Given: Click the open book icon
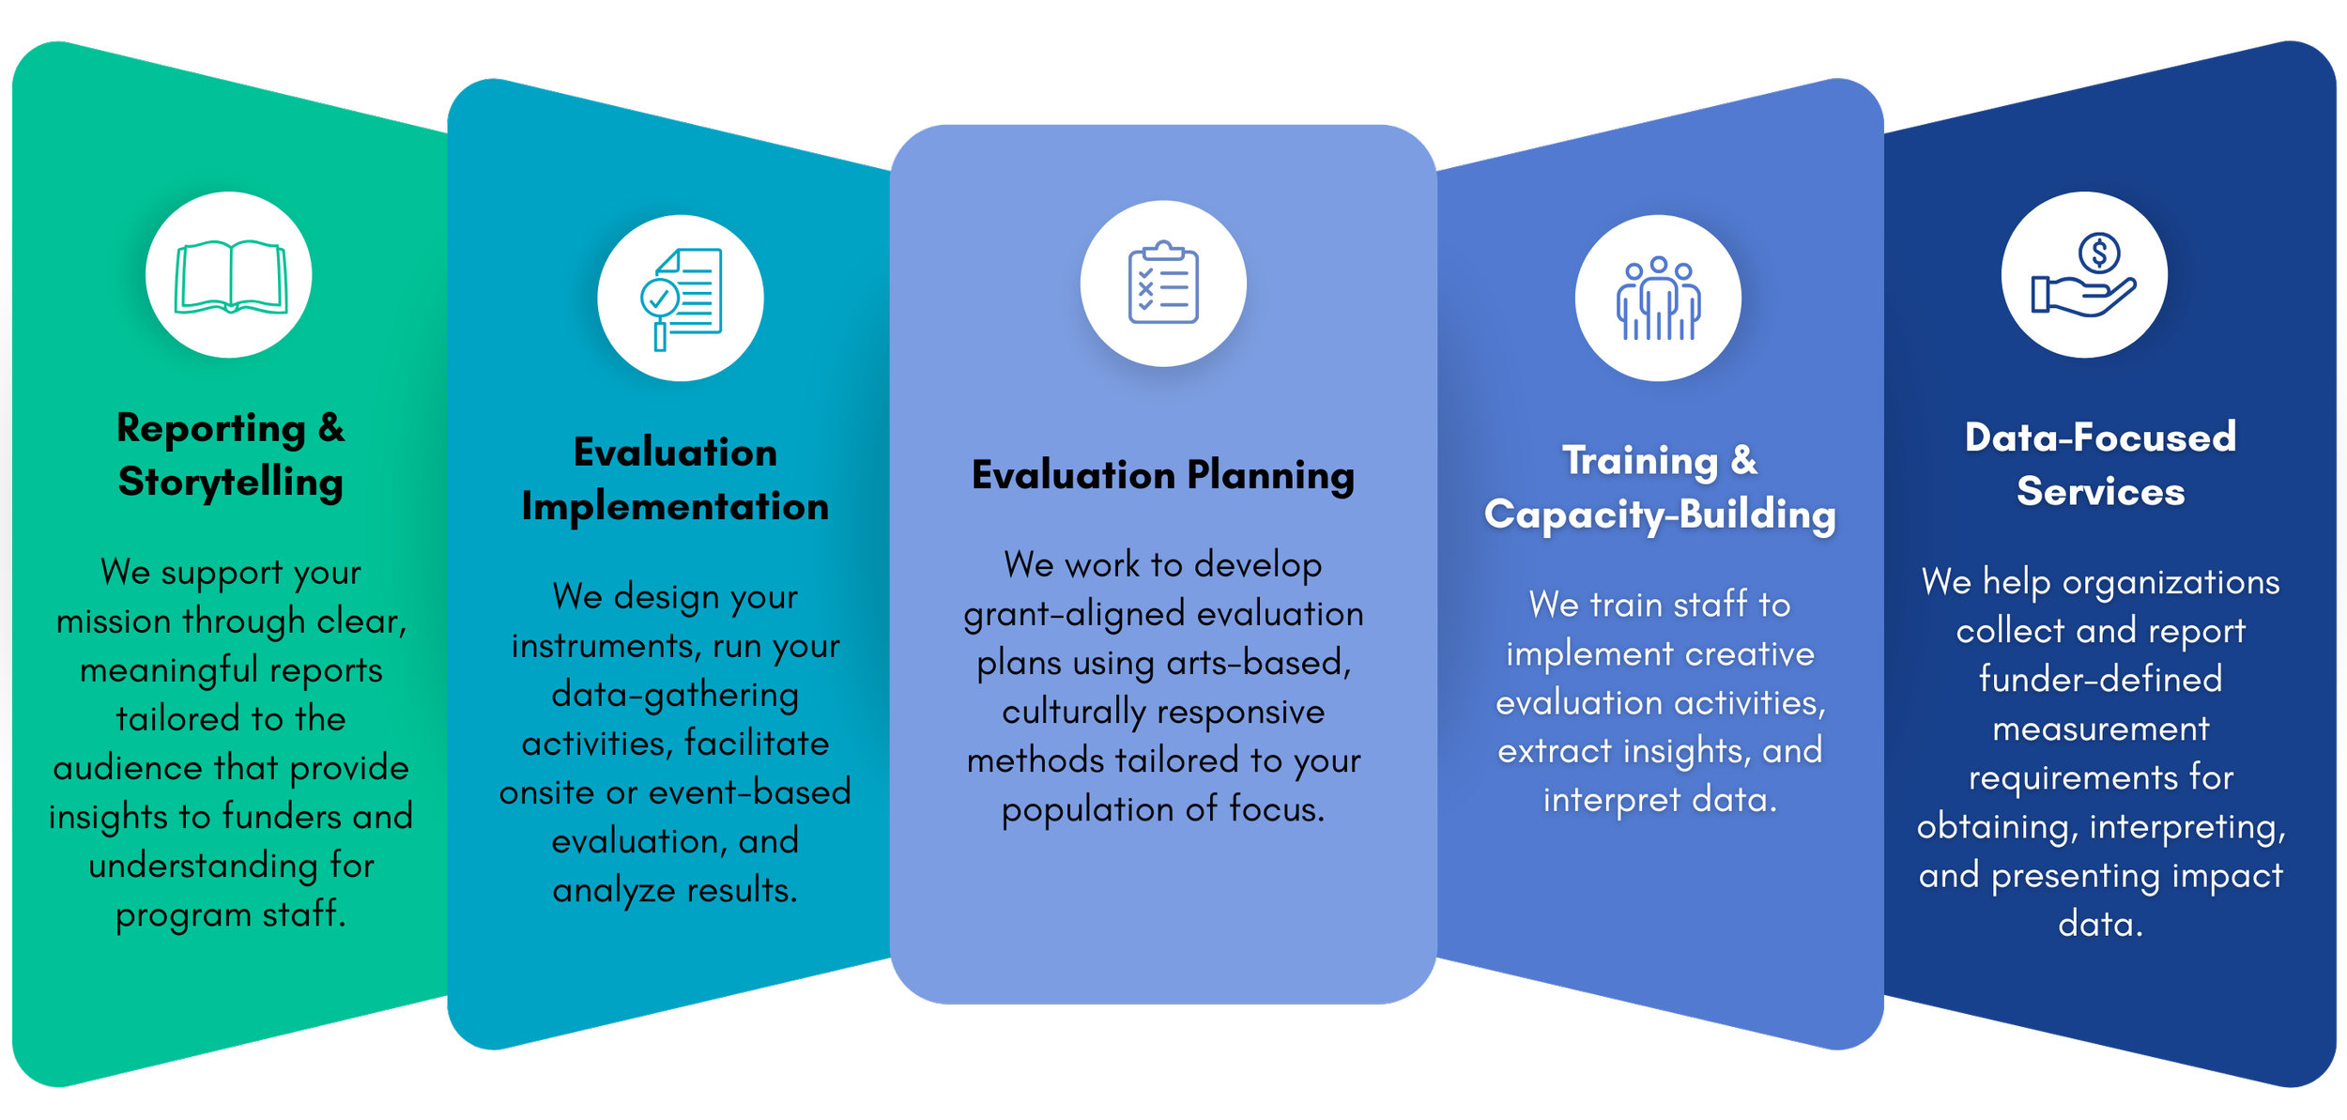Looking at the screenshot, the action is [x=230, y=276].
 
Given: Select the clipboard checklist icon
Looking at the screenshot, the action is [x=1163, y=283].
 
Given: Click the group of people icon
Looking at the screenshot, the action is [x=1658, y=299].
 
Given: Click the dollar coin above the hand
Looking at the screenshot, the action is [x=2099, y=253].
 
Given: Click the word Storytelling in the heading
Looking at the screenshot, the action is [x=231, y=483].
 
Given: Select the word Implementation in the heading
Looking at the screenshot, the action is [x=675, y=507].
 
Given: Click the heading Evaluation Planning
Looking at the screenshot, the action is [x=1163, y=475].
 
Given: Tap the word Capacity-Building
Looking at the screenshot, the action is [x=1660, y=514].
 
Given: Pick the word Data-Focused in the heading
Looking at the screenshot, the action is [x=2101, y=437].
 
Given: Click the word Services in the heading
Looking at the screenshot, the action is [x=2101, y=492].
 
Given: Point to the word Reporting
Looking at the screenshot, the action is [x=211, y=428].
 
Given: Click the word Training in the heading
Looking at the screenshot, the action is [x=1639, y=461].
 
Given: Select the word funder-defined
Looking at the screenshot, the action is [x=2101, y=679].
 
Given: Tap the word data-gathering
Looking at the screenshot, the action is [x=675, y=695].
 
